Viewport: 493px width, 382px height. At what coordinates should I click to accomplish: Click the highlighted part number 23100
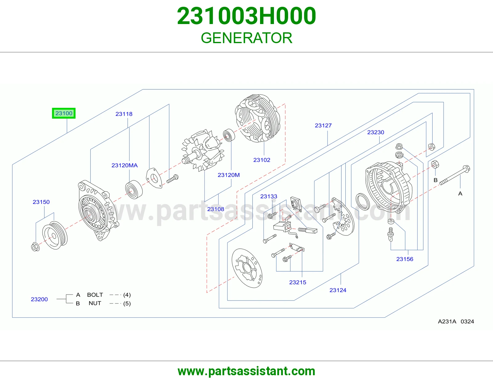tap(64, 113)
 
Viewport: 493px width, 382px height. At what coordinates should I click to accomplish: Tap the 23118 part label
tap(124, 114)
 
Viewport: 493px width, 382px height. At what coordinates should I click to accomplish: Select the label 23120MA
tap(124, 165)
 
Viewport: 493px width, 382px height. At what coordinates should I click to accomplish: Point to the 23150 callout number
tap(41, 202)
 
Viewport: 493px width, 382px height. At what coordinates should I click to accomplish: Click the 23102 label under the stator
tap(262, 160)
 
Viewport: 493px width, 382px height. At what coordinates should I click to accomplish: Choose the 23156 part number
tap(405, 259)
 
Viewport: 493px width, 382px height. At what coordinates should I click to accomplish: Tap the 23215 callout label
tap(298, 282)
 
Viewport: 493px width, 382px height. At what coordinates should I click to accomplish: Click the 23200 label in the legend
tap(39, 299)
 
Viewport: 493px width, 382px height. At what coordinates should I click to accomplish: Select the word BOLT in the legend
tap(95, 295)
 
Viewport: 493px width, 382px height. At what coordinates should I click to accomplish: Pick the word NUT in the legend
tap(95, 303)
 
